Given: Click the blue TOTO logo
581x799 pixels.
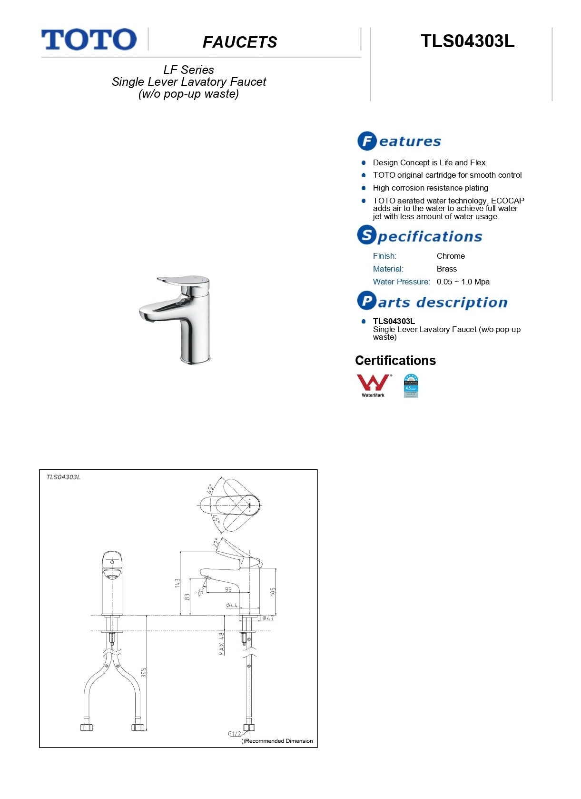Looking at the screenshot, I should (89, 40).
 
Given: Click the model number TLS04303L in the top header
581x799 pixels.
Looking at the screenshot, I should (467, 41).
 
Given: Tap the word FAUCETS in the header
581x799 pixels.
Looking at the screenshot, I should (240, 42).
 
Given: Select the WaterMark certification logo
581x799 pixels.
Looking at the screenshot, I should (374, 385).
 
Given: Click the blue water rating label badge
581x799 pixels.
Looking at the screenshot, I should (411, 385).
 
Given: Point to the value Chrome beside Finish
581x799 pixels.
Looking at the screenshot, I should (451, 256).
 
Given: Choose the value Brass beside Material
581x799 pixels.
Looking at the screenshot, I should (446, 269).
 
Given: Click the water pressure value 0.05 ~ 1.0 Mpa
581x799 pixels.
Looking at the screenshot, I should (463, 282).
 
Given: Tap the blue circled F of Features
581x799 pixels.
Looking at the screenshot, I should (367, 141).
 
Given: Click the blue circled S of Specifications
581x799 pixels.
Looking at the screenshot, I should (367, 235).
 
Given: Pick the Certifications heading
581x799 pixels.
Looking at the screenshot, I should (395, 361).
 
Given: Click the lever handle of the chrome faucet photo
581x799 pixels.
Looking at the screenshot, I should (181, 281).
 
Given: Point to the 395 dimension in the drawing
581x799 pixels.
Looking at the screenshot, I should (144, 672).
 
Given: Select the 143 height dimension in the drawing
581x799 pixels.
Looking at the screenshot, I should (177, 583).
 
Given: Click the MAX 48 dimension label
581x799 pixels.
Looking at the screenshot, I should (221, 644).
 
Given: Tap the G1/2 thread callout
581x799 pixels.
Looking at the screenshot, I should (235, 734).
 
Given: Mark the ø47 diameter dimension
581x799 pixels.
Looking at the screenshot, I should (268, 618).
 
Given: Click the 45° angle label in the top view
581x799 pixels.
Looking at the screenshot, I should (210, 488).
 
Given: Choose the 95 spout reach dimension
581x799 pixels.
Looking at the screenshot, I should (228, 589).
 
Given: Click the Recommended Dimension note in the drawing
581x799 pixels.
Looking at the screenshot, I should (277, 741).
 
